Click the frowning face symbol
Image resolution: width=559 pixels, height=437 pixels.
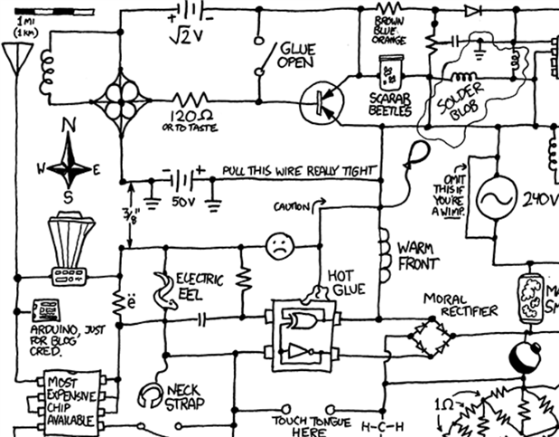click(x=280, y=243)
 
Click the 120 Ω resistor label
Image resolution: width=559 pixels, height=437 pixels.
click(x=191, y=119)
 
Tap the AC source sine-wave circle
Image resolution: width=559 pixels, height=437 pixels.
click(x=497, y=198)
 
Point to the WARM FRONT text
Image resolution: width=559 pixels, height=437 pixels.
click(x=417, y=255)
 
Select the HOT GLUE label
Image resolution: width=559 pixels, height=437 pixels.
click(x=346, y=280)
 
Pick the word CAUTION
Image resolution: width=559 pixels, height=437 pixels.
click(x=291, y=208)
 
